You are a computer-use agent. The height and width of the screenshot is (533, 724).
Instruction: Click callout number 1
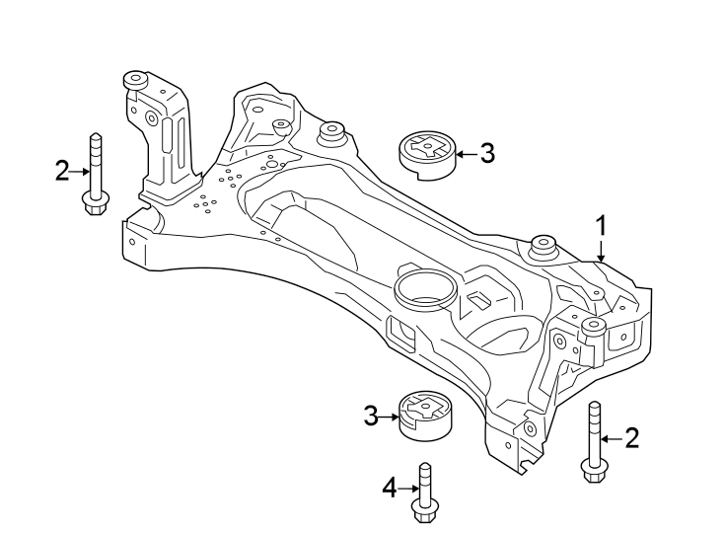coord(600,226)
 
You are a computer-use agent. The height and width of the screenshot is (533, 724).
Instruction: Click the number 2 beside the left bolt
coord(63,172)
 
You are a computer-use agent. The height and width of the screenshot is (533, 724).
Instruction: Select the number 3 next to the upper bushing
coord(486,153)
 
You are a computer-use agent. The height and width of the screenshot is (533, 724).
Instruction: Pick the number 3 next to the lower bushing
coord(371,417)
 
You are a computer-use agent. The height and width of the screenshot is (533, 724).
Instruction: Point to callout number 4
coord(390,487)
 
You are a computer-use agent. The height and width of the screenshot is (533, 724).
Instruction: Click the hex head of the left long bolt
coord(94,204)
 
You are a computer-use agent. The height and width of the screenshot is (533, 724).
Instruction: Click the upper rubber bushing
coord(425,156)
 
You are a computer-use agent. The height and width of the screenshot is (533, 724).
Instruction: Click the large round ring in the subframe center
coord(424,289)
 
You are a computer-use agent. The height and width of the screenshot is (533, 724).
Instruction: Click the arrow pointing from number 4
coord(408,487)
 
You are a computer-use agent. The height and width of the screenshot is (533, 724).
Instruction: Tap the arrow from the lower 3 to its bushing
coord(390,417)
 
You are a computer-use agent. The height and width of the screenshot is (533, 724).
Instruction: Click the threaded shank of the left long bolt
coord(94,162)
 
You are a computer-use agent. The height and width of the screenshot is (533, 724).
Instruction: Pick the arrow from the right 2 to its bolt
coord(612,437)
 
